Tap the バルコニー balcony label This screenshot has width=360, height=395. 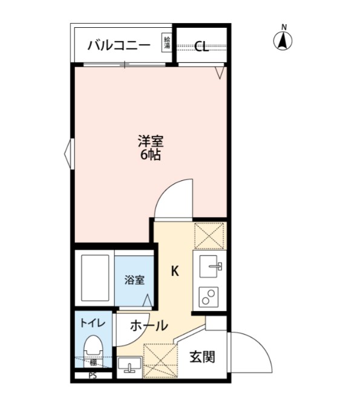118,45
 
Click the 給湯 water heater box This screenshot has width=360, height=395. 167,43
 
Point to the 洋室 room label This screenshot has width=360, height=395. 151,142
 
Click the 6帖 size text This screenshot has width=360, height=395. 151,155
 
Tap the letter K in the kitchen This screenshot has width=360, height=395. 174,272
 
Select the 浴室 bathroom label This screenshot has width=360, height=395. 134,280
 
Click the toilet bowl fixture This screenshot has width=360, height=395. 94,348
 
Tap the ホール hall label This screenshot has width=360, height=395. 149,325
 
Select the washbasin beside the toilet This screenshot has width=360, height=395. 129,365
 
